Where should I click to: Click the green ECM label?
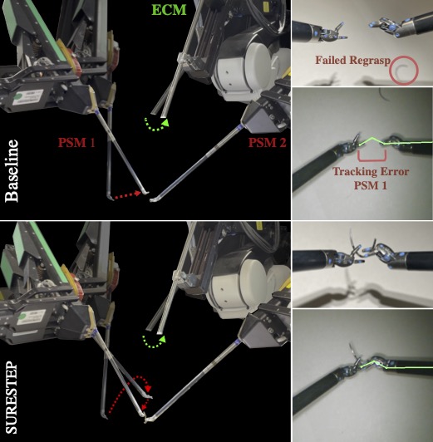[x=170, y=9]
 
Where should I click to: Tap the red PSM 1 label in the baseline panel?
[x=76, y=142]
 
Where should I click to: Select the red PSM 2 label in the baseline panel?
[x=267, y=142]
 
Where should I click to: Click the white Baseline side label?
[x=12, y=171]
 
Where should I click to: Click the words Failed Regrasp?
[x=352, y=60]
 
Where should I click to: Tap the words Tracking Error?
[x=371, y=172]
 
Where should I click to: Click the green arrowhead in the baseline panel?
[x=165, y=122]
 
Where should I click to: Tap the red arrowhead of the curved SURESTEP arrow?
[x=148, y=389]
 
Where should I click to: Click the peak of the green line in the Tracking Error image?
[x=372, y=138]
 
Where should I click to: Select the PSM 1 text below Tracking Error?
[x=370, y=185]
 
